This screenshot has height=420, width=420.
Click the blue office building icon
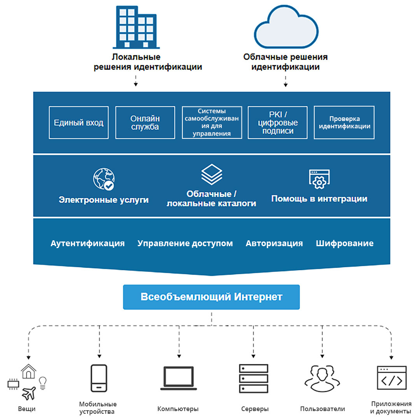click(136, 25)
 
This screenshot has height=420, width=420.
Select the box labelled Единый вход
click(79, 122)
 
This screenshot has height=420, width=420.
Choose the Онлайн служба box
click(145, 122)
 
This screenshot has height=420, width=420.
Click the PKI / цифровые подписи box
click(278, 122)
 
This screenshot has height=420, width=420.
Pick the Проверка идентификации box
click(344, 122)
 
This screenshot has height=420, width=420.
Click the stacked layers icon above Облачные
click(212, 175)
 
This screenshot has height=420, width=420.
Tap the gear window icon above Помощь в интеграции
click(319, 179)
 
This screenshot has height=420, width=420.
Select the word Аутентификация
click(87, 243)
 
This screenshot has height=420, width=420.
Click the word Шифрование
click(345, 243)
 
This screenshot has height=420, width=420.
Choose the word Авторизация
click(274, 243)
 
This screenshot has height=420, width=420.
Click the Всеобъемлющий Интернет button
click(211, 297)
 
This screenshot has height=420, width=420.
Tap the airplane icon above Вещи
click(29, 393)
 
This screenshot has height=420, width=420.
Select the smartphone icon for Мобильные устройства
click(98, 378)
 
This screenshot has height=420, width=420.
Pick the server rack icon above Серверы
click(254, 378)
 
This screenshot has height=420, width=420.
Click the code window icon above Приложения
click(392, 378)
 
